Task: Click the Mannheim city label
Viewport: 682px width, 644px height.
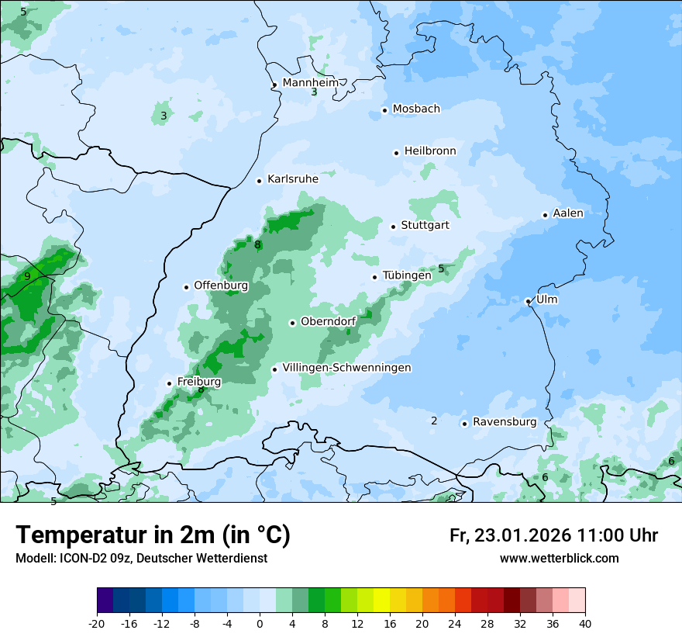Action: point(311,83)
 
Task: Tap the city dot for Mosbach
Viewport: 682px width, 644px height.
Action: point(384,110)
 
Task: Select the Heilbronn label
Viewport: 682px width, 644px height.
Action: point(430,151)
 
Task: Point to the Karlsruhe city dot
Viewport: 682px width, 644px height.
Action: point(260,181)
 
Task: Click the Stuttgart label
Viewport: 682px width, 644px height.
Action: point(425,226)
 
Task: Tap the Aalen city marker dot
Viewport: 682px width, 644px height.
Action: point(545,215)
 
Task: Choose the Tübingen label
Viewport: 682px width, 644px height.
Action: point(407,275)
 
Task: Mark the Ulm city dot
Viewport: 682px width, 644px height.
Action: point(528,301)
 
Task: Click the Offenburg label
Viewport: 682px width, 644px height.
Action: point(221,286)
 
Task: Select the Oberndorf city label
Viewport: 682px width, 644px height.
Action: point(328,322)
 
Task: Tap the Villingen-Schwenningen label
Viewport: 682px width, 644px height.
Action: point(346,368)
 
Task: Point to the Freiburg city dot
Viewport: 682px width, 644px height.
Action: point(169,383)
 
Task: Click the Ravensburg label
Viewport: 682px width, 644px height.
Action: point(505,422)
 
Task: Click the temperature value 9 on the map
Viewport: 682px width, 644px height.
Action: point(27,276)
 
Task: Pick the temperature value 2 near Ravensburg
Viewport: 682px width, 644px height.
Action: point(434,421)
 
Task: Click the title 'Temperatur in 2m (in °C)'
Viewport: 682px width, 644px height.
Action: point(153,535)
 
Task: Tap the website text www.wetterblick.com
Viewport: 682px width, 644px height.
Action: point(559,558)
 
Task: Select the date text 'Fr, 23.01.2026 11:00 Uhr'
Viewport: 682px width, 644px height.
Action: point(553,535)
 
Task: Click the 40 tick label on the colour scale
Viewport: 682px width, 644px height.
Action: point(584,624)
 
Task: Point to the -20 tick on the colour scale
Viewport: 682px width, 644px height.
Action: point(97,624)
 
